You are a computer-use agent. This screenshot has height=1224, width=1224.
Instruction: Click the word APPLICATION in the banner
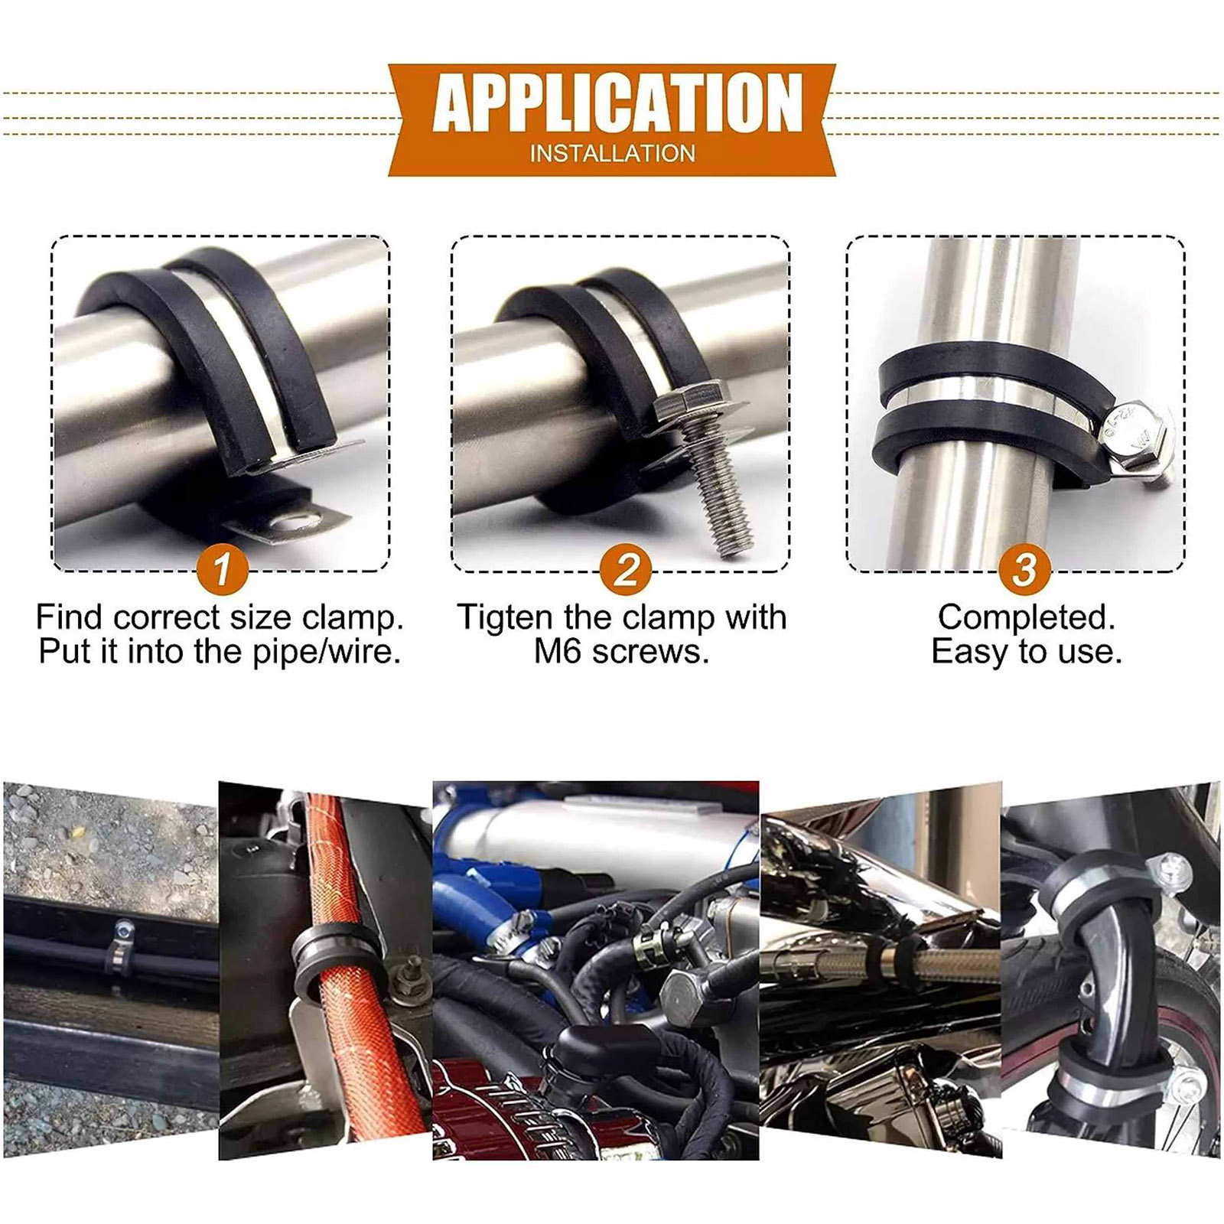click(x=617, y=103)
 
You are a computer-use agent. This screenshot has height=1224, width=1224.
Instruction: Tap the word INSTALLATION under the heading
click(x=613, y=154)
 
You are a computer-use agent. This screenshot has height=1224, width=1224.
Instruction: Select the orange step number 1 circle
click(x=222, y=568)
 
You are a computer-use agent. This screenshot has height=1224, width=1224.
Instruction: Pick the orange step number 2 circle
click(x=625, y=568)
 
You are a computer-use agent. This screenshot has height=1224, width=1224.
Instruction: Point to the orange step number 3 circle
click(x=1024, y=568)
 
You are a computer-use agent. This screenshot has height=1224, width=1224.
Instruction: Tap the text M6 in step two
click(x=558, y=652)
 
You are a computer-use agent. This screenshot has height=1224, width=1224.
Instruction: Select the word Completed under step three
click(x=1026, y=617)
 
